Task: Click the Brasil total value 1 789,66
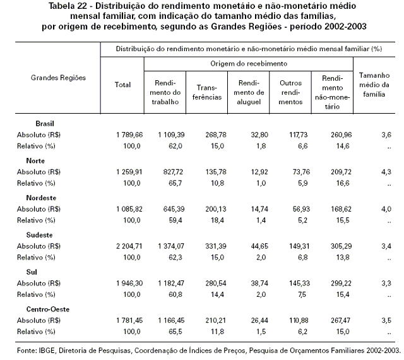(x=129, y=135)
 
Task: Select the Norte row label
(x=35, y=160)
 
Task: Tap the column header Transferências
(x=207, y=92)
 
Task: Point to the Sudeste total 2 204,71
(x=129, y=246)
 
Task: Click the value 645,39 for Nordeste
(x=174, y=209)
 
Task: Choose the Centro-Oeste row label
(x=48, y=309)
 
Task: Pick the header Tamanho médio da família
(x=374, y=85)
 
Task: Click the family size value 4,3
(x=386, y=172)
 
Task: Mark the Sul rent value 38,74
(x=259, y=284)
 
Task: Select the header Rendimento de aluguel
(x=249, y=92)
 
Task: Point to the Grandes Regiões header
(x=58, y=78)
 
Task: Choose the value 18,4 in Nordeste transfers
(x=217, y=220)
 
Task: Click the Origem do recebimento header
(x=249, y=64)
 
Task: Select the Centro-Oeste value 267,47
(x=341, y=321)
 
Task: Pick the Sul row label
(x=32, y=272)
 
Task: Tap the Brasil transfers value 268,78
(x=216, y=135)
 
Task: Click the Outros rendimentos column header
(x=290, y=92)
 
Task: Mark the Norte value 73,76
(x=301, y=172)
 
